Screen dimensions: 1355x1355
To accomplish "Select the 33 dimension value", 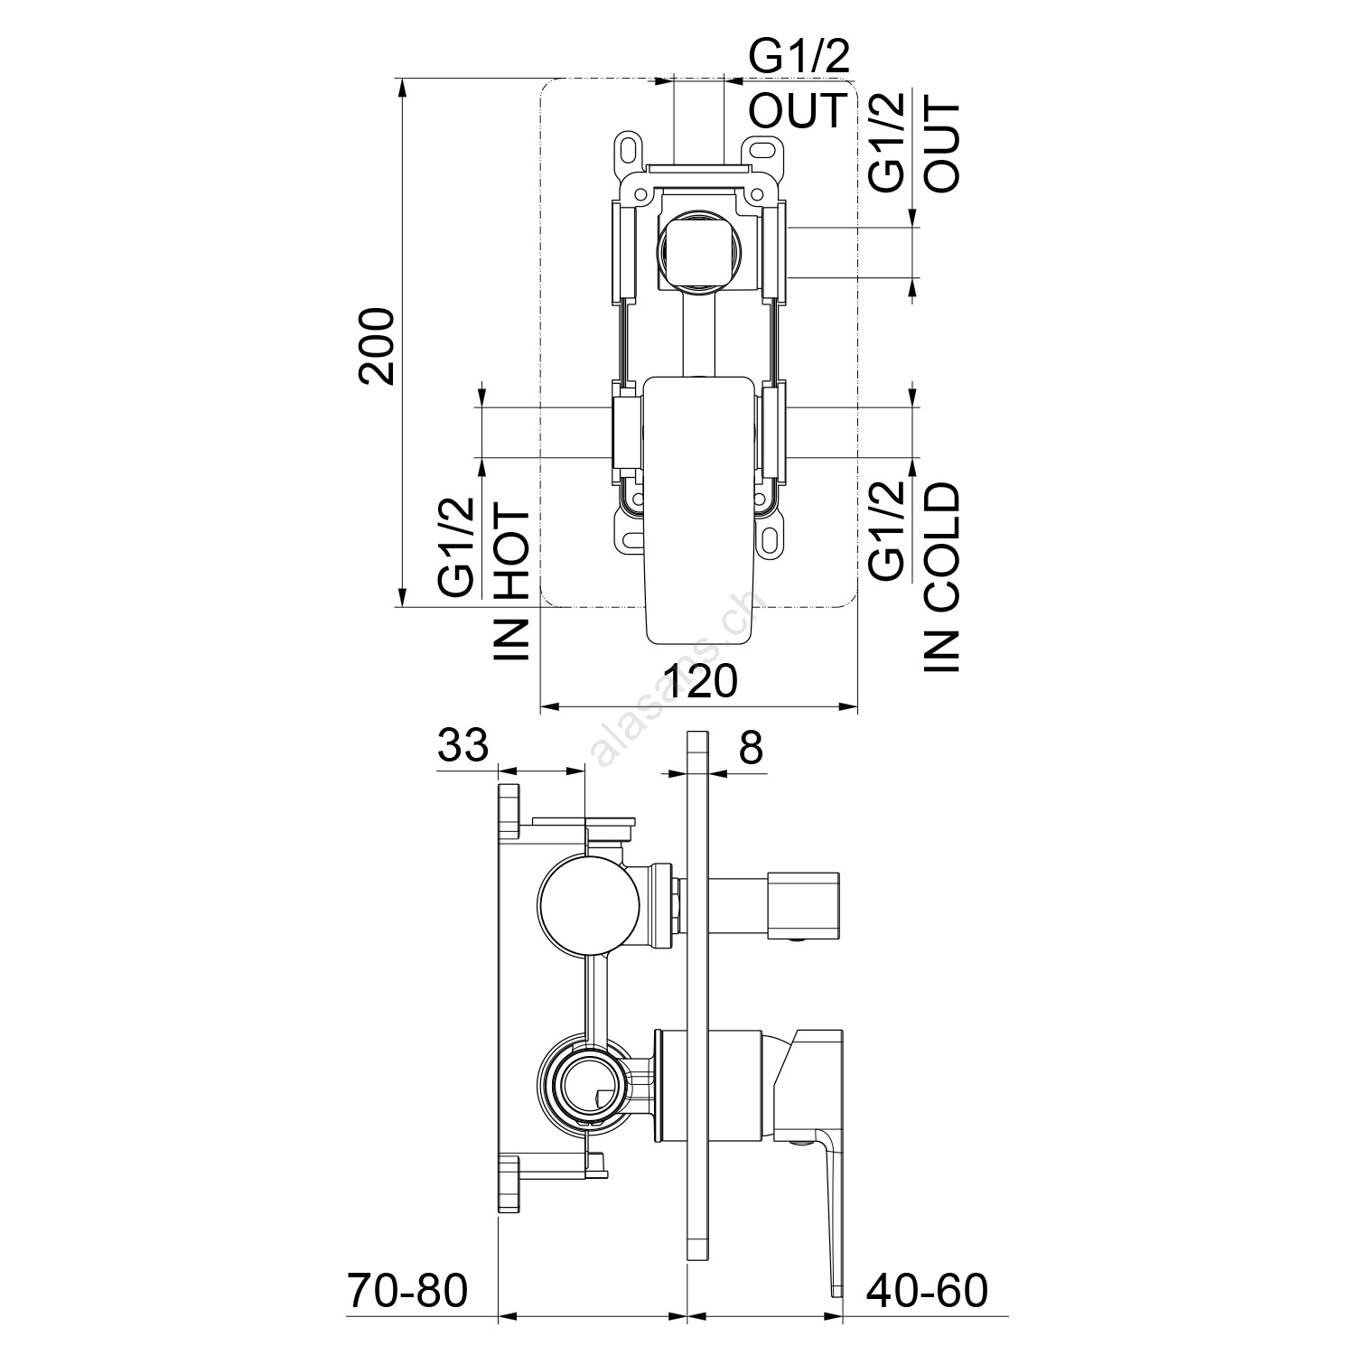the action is (x=463, y=746).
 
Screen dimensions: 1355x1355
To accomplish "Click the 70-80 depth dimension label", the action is (x=407, y=1291).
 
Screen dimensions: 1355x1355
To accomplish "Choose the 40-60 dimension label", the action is (x=927, y=1291).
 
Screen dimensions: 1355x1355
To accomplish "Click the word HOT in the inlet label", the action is (x=512, y=553).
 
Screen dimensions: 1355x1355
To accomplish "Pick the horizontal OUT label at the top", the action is (x=798, y=109).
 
